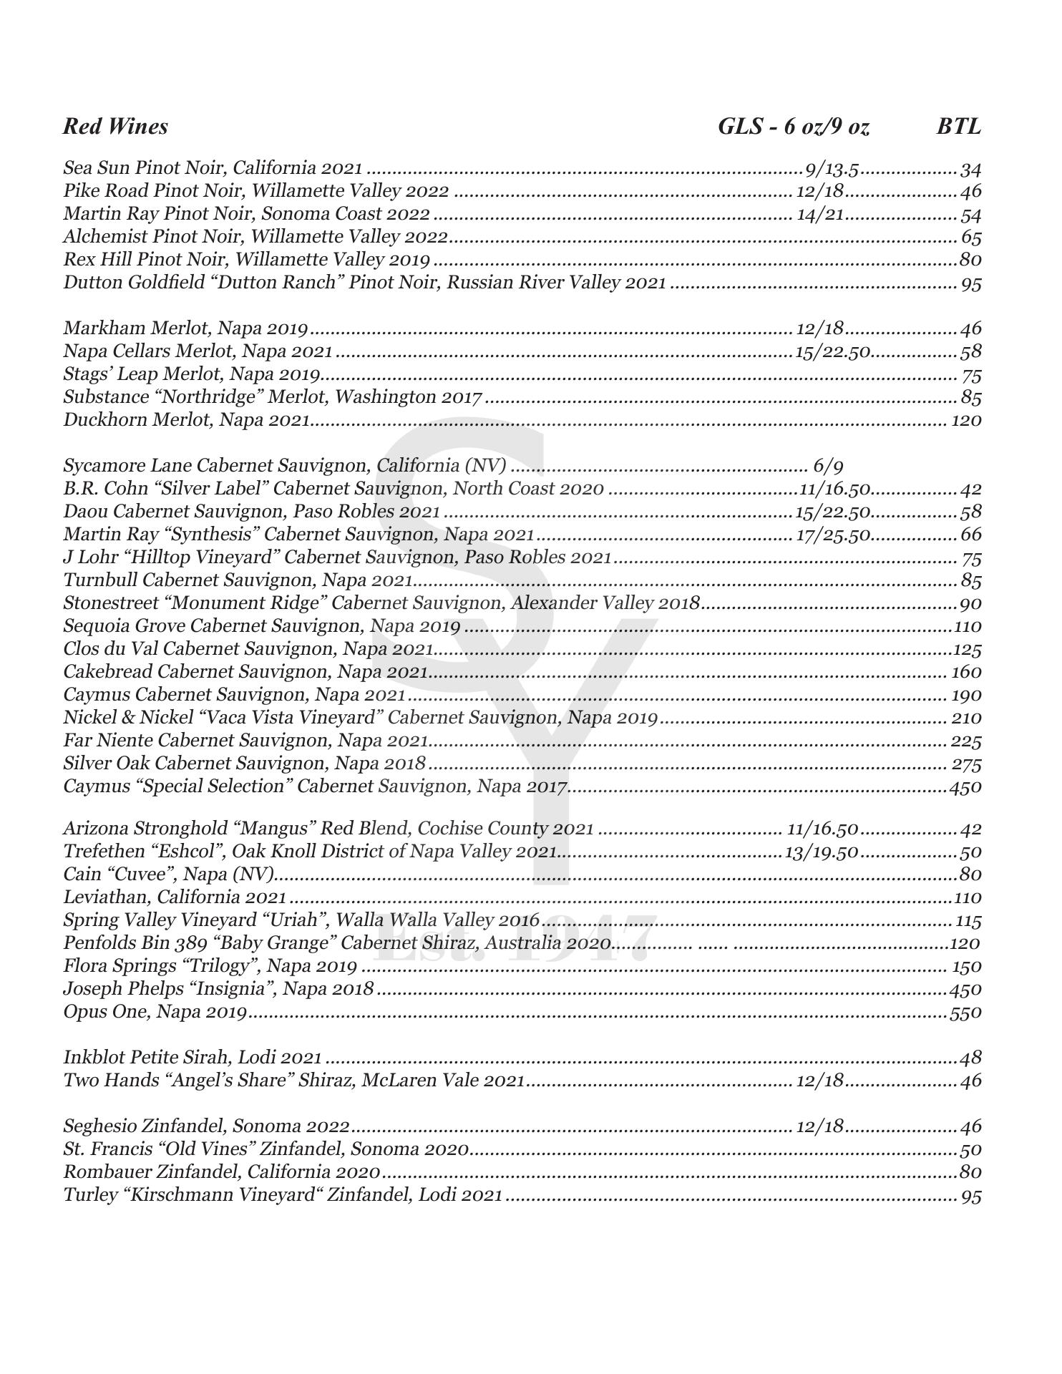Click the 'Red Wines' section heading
pos(115,127)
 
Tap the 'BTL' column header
pos(958,127)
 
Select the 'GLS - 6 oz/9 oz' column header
pos(794,127)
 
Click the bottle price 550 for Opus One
pos(965,1013)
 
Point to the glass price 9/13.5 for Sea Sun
pos(832,169)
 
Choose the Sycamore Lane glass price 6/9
pos(828,466)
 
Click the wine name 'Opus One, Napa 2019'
pos(155,1012)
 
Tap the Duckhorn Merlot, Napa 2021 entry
pos(187,419)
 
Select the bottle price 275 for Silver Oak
pos(966,764)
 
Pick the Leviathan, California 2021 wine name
pos(175,897)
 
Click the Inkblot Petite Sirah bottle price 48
pos(970,1057)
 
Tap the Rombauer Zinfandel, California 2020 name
pos(221,1171)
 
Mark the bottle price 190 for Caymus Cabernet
pos(966,695)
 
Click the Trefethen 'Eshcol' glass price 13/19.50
pos(822,852)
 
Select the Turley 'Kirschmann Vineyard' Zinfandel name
pos(283,1194)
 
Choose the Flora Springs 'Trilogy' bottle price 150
pos(966,966)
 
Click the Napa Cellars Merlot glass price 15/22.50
pos(832,351)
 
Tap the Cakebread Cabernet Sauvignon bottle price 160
pos(966,672)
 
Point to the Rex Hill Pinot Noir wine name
pos(246,259)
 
